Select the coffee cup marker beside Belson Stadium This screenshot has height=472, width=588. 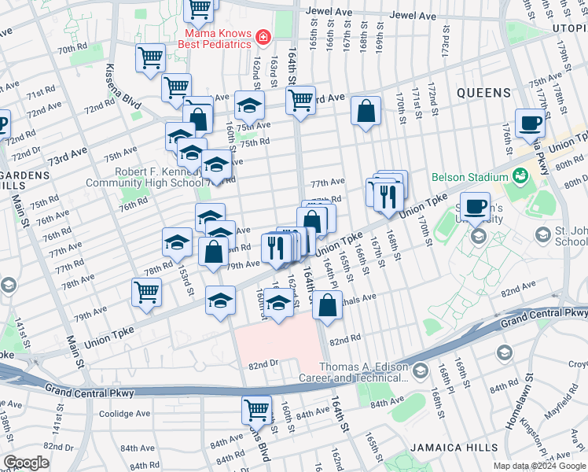tap(474, 207)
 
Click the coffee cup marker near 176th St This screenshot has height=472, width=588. tap(530, 124)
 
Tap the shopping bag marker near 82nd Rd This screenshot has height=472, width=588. tap(327, 304)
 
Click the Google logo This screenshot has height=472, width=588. tap(26, 463)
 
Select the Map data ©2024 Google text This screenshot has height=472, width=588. tap(539, 466)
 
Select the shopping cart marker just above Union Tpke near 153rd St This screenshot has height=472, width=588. tap(147, 292)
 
